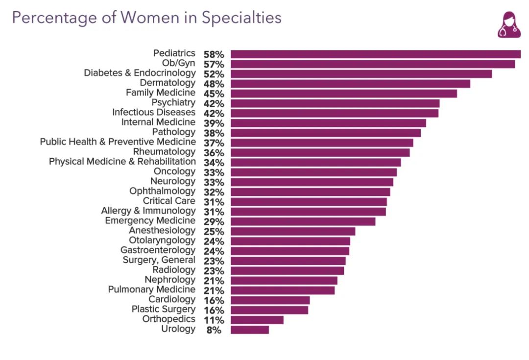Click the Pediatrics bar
coord(375,54)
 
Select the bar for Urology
coord(250,330)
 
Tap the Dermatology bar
coord(350,84)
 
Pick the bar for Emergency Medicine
coord(303,221)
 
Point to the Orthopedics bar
coord(257,320)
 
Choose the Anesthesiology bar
coord(293,231)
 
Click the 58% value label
coord(214,54)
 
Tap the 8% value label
coord(214,330)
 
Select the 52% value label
coord(214,74)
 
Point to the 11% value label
coord(214,320)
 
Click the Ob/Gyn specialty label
coord(179,63)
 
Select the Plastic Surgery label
coord(164,309)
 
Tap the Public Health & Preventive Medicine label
coord(118,142)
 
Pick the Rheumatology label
coord(165,151)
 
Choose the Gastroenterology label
coord(158,250)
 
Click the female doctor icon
coord(509,25)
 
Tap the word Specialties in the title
coord(242,19)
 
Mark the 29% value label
coord(214,221)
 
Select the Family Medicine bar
coord(344,94)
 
